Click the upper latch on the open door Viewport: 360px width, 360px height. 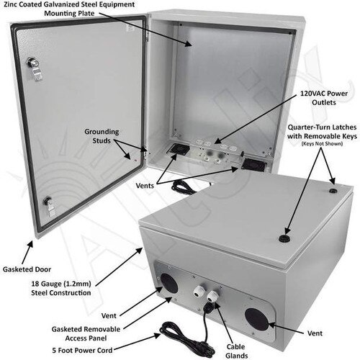tap(35, 68)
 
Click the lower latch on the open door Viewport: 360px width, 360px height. tap(50, 207)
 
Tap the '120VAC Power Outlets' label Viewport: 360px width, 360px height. tap(324, 98)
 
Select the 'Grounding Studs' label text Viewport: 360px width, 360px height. tap(102, 136)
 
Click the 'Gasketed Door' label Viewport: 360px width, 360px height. tap(27, 269)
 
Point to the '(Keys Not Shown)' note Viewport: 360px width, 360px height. tap(322, 144)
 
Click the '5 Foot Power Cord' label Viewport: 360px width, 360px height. tap(82, 351)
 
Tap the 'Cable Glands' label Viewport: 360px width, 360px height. tap(236, 351)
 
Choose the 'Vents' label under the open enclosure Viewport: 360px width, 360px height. tap(145, 186)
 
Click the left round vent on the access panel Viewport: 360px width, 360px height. tap(169, 284)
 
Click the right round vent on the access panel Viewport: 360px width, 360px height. tap(257, 320)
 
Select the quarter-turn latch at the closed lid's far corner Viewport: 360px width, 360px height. tap(333, 191)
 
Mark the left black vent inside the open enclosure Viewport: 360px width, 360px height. tap(180, 148)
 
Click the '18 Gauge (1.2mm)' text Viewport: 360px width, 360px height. tap(61, 284)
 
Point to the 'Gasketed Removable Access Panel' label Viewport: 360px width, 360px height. tap(86, 333)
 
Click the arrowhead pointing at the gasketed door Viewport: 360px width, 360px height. tap(30, 245)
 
